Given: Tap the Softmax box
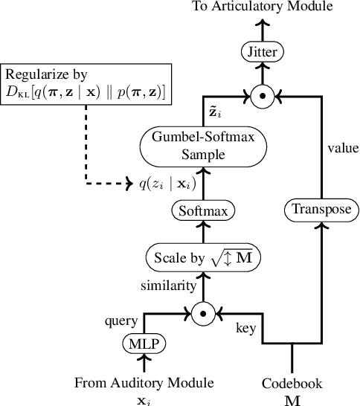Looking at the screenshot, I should (202, 210).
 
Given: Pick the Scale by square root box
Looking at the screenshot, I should (202, 258).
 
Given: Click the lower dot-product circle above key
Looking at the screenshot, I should (202, 314).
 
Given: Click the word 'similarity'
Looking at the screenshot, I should (169, 286).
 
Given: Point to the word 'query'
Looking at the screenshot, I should (122, 321).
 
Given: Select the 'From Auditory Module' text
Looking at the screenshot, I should (144, 383).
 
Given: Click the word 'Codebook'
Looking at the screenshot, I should (292, 383).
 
